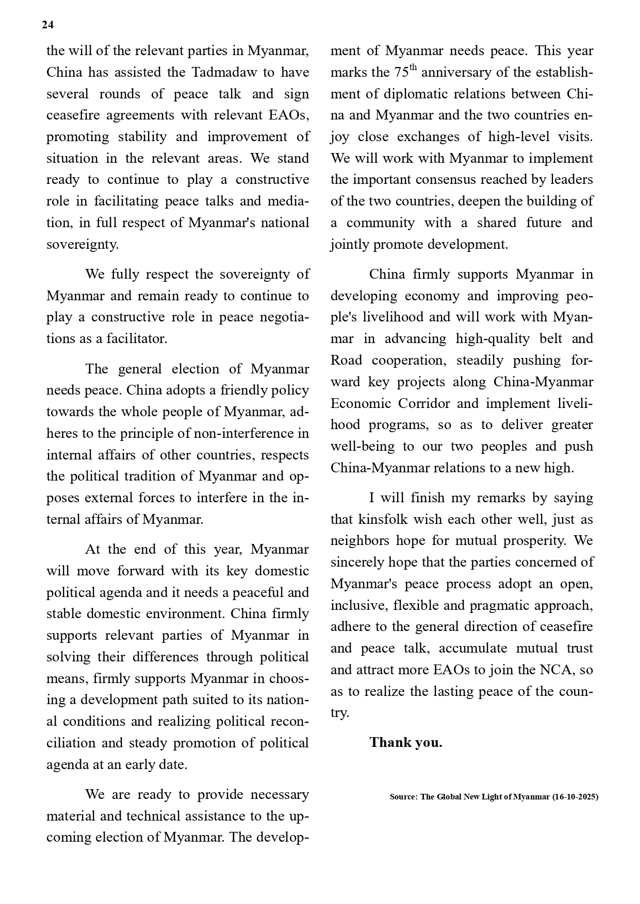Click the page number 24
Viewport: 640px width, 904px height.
(x=47, y=25)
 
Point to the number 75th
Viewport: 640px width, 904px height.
(x=405, y=72)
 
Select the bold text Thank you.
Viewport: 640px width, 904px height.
(x=406, y=742)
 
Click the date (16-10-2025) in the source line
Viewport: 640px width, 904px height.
(x=575, y=797)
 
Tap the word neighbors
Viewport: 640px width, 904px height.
(x=360, y=541)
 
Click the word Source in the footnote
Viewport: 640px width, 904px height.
(x=403, y=797)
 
